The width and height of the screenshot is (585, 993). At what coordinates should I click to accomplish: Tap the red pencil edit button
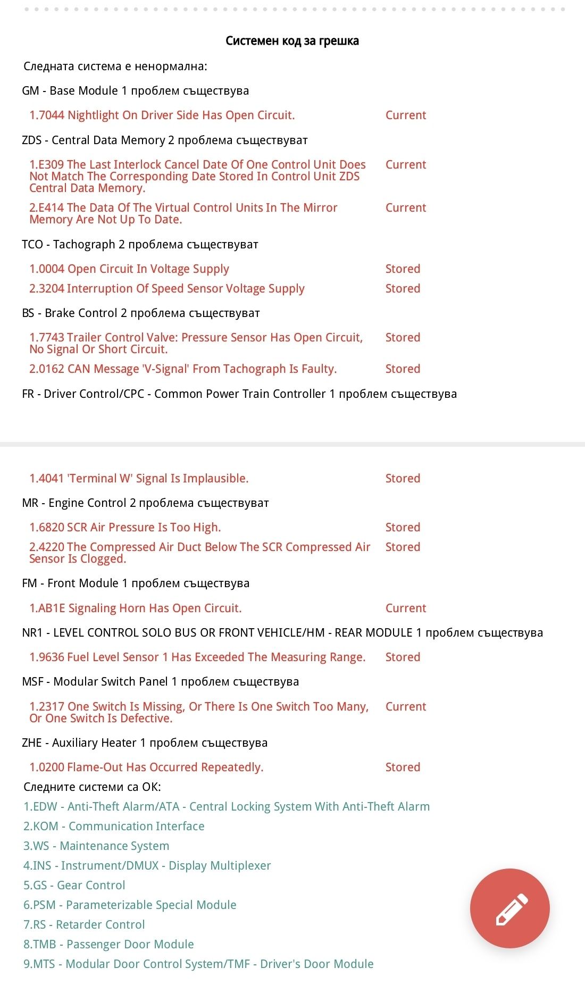509,908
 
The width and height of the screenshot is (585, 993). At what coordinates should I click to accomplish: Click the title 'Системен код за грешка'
292,41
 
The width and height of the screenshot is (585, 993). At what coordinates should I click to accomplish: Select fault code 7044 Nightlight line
162,115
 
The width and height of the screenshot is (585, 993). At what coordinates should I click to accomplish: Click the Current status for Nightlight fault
406,115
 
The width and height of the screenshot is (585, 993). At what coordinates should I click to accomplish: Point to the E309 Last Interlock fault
197,176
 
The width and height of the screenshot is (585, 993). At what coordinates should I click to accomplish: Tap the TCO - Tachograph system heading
140,245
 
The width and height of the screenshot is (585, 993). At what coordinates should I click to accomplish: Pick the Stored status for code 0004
403,269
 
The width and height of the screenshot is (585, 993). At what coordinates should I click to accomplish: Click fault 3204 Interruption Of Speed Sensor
166,289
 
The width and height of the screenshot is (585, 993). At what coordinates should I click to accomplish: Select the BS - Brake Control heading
141,313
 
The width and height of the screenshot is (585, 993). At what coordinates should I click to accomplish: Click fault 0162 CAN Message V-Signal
183,369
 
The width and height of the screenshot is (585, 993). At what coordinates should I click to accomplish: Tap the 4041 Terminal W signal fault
139,479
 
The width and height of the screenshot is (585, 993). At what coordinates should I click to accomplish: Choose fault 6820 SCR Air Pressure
125,528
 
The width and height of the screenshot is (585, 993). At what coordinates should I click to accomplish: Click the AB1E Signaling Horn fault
135,608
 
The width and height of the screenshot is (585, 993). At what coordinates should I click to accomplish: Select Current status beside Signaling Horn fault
406,608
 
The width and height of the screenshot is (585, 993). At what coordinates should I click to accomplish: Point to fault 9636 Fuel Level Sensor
197,657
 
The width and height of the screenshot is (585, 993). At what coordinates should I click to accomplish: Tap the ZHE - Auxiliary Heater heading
145,743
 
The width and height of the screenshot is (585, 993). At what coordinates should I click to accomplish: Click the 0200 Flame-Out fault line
146,767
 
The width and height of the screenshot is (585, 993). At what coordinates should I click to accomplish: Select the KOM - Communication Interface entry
114,827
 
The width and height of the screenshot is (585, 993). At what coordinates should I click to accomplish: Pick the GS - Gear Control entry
74,886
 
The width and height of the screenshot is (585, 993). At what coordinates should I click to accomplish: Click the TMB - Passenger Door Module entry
108,945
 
